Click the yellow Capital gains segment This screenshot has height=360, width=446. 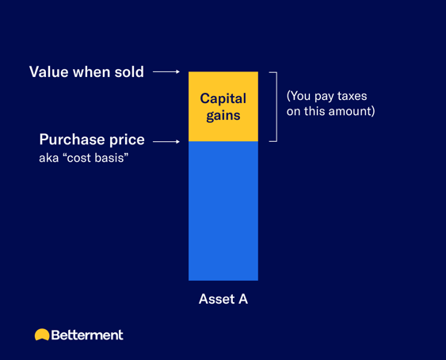point(223,127)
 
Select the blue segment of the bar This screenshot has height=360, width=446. point(223,211)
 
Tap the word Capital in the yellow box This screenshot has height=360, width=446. point(223,99)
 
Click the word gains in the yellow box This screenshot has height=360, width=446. point(223,116)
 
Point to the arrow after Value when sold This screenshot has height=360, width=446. point(166,72)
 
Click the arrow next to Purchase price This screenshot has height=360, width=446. point(166,143)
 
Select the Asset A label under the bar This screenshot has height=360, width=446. point(223,300)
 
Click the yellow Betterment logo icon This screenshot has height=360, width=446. point(42,335)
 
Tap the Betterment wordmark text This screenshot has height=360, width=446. point(87,335)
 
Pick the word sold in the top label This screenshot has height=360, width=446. point(128,72)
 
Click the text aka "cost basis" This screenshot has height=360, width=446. point(83,159)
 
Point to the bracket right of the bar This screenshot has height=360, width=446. point(273,106)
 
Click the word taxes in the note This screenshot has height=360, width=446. point(349,96)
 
